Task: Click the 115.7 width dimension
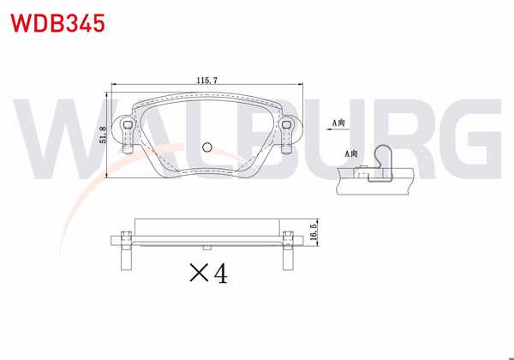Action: point(206,80)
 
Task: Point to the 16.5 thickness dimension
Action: point(314,233)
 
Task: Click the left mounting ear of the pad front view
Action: point(128,134)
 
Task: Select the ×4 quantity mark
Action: point(207,273)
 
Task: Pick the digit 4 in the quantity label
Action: point(219,273)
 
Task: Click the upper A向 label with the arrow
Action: point(341,123)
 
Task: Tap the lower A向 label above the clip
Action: point(352,153)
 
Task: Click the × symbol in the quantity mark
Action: point(198,274)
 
